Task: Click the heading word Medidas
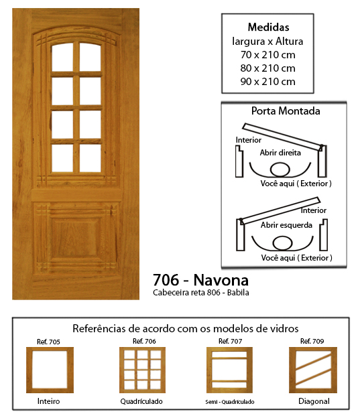point(268,27)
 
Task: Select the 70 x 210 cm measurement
point(267,55)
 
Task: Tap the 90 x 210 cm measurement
point(267,82)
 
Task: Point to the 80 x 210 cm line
point(267,68)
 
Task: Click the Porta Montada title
point(286,111)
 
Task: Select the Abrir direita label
point(280,153)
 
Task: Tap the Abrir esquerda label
point(286,225)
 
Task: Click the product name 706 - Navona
point(200,280)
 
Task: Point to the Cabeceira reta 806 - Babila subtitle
point(201,293)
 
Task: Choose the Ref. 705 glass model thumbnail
point(50,370)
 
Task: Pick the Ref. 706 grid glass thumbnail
point(142,370)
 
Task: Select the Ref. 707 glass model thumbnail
point(229,370)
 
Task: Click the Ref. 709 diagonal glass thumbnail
point(313,370)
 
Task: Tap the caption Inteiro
point(48,401)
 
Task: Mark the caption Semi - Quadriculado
point(230,402)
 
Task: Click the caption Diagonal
point(314,401)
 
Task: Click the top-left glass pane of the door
point(62,58)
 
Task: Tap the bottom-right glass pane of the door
point(91,158)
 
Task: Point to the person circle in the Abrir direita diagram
point(280,169)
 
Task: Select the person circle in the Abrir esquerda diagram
point(282,243)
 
